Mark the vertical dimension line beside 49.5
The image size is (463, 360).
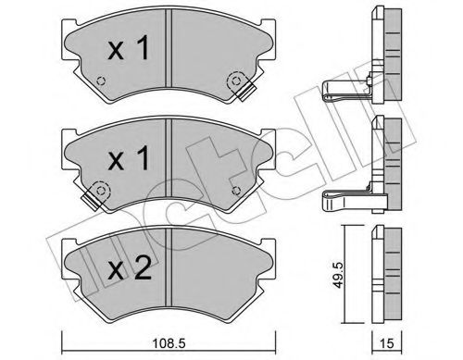click(349, 268)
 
